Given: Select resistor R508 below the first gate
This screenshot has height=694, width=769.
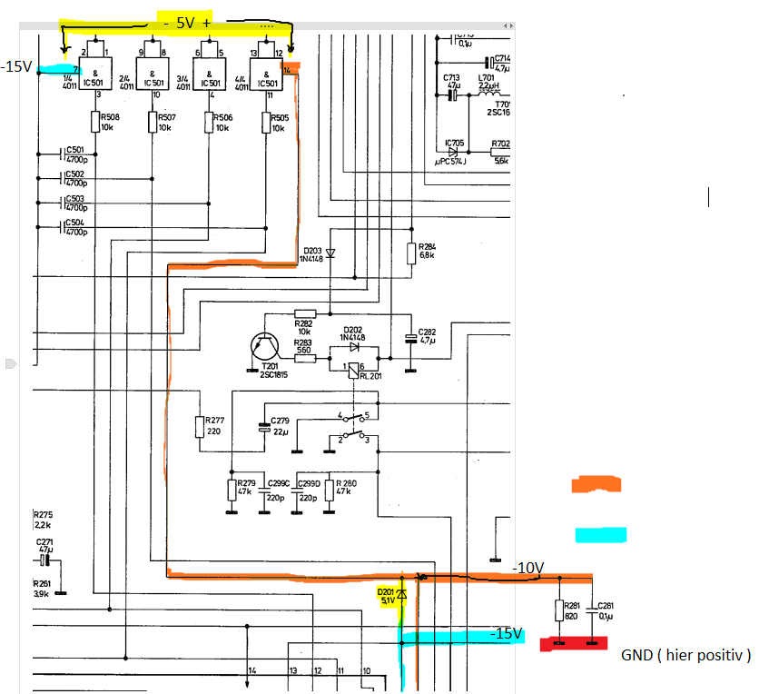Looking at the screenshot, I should point(95,122).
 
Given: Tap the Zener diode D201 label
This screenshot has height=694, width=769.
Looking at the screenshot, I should point(387,595).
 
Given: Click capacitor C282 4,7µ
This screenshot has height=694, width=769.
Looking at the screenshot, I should point(410,338).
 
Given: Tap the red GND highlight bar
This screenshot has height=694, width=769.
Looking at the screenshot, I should point(573,644).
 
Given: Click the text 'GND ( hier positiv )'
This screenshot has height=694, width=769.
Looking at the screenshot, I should point(685,655).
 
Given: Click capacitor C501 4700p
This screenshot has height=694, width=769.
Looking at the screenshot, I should point(64,154).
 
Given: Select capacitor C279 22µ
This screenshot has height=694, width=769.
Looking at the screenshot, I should point(264,426).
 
